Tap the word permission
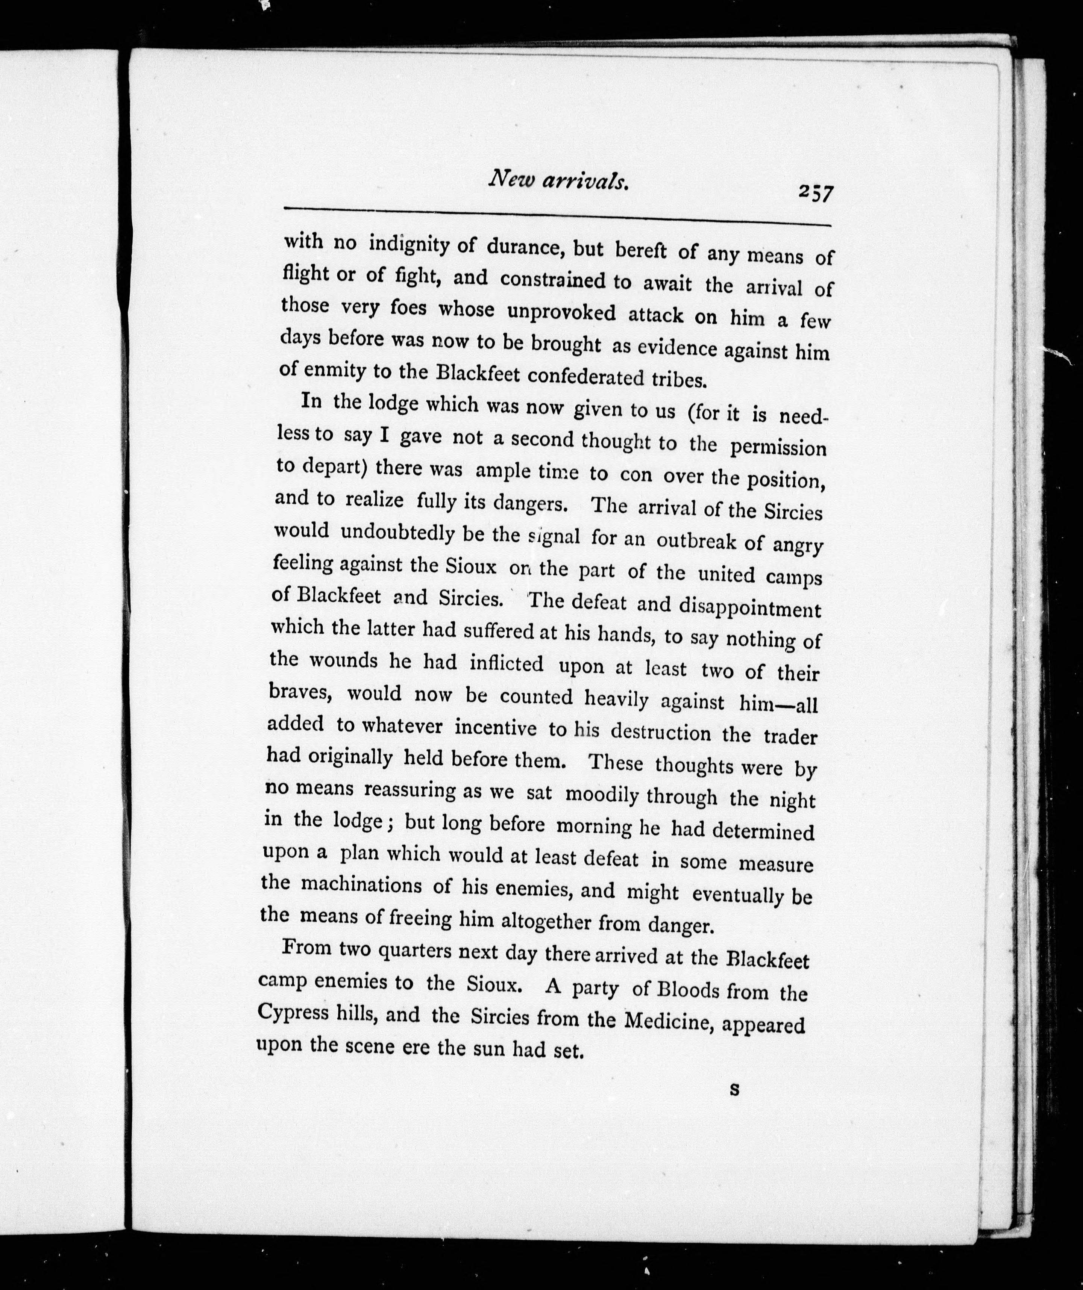[778, 447]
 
